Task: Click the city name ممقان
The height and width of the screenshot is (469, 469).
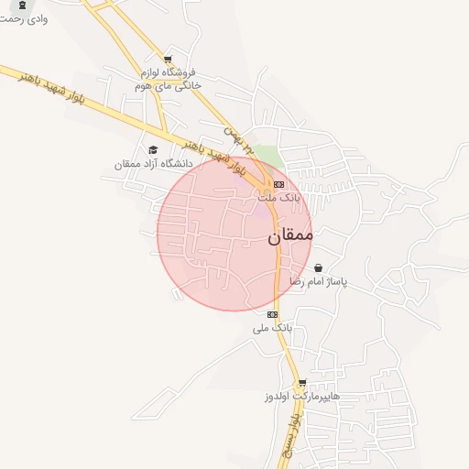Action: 290,235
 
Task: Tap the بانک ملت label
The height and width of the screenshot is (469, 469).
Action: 278,198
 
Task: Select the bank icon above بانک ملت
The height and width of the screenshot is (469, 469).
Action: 278,183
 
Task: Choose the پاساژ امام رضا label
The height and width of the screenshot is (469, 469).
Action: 318,282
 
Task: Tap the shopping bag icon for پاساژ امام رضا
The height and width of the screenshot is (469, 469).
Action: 318,268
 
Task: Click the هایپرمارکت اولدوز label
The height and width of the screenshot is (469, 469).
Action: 302,398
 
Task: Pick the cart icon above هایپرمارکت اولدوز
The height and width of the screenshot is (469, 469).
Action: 302,383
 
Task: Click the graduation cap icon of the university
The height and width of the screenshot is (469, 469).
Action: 153,149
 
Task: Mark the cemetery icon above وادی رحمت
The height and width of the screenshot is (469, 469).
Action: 21,5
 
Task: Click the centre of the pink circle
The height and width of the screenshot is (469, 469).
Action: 234,233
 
